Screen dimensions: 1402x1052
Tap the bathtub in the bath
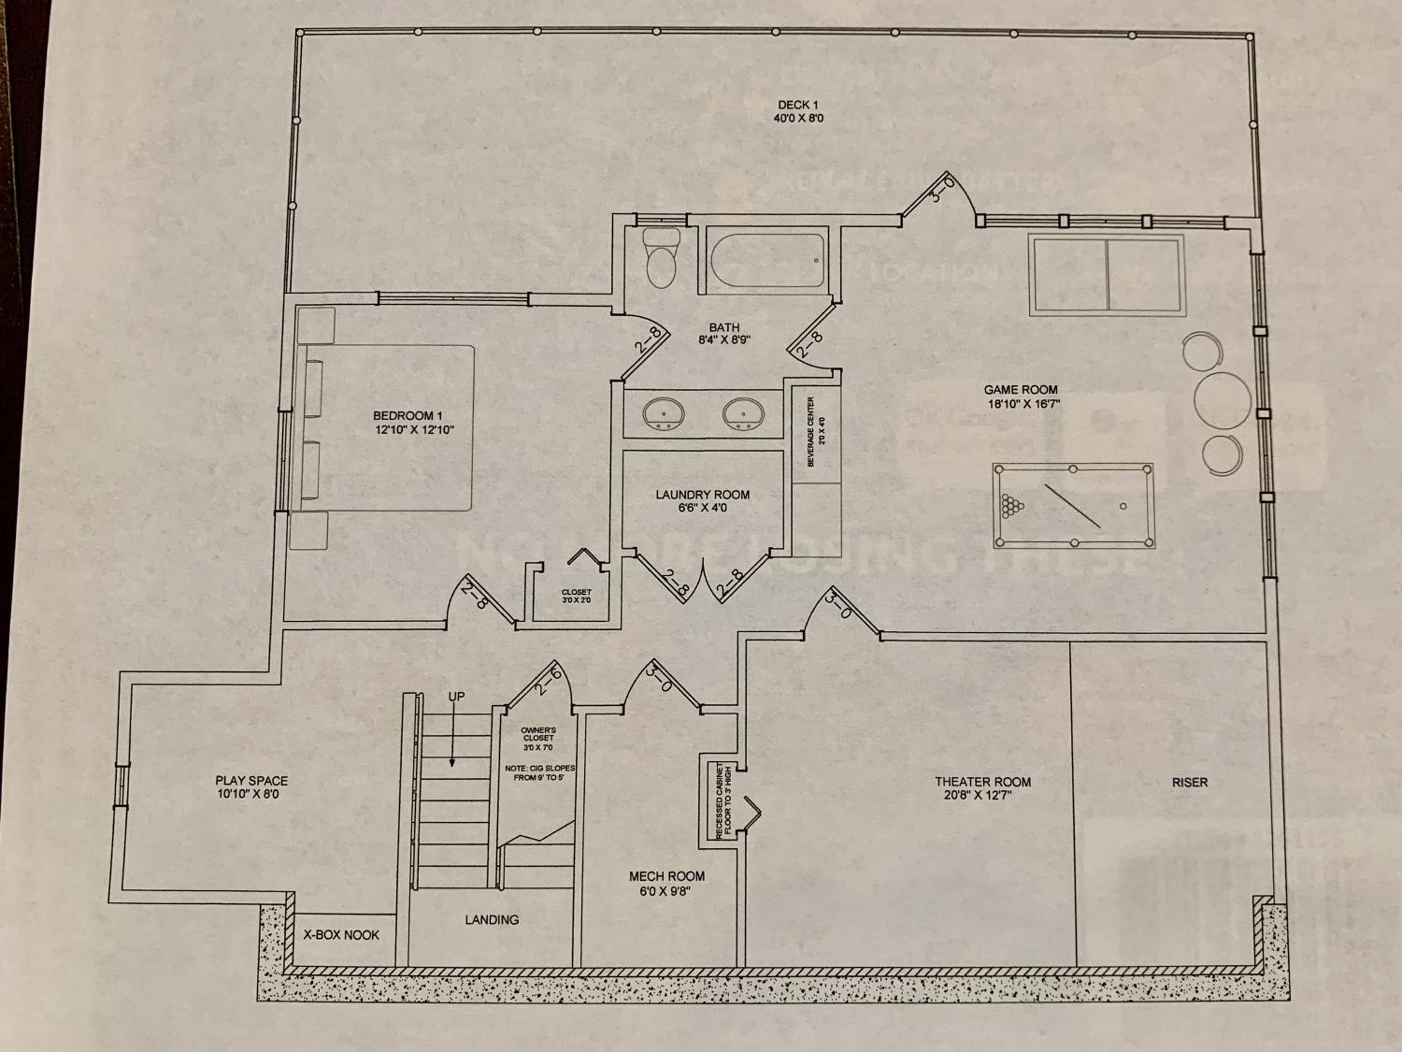pos(767,260)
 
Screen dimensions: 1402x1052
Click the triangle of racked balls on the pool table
pos(1012,506)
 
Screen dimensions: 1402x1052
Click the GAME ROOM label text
pos(1021,390)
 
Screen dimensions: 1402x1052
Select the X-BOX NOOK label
pos(341,935)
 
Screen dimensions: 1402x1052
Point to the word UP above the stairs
pos(456,696)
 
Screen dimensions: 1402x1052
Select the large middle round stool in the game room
pos(1222,401)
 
